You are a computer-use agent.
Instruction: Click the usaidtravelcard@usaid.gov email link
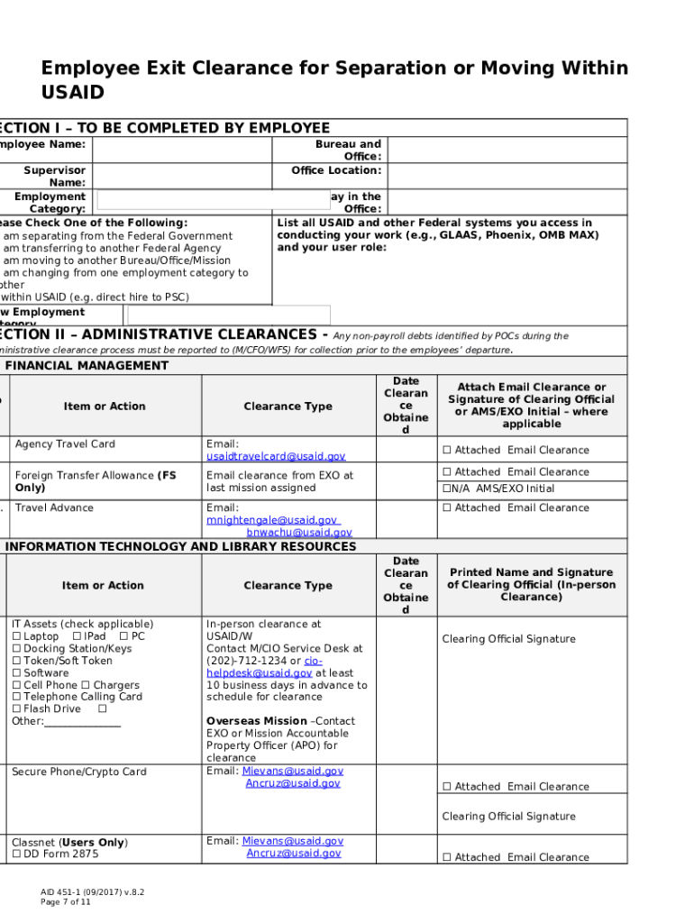point(276,456)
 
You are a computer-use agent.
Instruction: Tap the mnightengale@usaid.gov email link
point(272,520)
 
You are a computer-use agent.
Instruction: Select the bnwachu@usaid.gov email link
point(299,533)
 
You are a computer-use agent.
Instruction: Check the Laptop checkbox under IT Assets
point(16,636)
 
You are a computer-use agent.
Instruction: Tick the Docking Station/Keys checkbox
point(16,649)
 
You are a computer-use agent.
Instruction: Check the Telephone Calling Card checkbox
point(16,697)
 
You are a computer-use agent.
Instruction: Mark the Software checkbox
point(16,673)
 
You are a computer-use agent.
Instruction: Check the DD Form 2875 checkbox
point(16,854)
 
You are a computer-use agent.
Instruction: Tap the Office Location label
point(336,170)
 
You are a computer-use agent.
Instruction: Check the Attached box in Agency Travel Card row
point(446,451)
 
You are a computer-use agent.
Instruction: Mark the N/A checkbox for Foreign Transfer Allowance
point(445,489)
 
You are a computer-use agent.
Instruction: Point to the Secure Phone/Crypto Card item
point(78,772)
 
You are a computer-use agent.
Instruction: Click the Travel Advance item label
point(53,507)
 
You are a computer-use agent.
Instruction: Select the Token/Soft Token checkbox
point(16,661)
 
